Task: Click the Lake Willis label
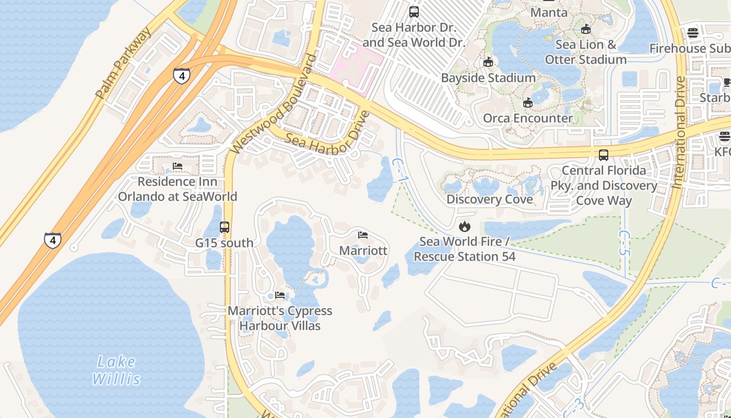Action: coord(116,369)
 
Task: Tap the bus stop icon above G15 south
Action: coord(225,227)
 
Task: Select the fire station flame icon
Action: coord(464,226)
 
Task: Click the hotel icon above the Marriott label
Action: coord(363,235)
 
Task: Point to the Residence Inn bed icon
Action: coord(178,166)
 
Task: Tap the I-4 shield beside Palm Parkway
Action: coord(181,76)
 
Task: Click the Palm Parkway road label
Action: coord(124,62)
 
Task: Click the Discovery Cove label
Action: coord(489,199)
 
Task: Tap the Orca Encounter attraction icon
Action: coord(528,102)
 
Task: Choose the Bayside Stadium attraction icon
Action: coord(488,62)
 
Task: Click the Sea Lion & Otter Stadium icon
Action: coord(586,29)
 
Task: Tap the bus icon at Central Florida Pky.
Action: coord(604,155)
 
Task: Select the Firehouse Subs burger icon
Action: coord(693,33)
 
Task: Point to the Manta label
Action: coord(548,12)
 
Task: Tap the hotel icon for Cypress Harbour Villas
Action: coord(280,295)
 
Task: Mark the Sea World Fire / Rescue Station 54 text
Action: coord(464,249)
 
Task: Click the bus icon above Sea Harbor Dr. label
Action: coord(414,11)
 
